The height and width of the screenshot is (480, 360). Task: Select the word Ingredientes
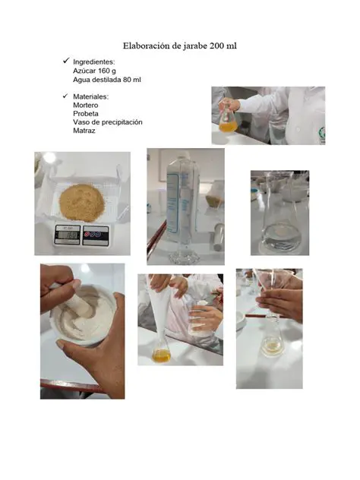pos(93,62)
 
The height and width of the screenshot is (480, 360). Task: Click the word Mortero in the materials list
pos(86,105)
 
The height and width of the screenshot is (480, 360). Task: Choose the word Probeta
pos(86,114)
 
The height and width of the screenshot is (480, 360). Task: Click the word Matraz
pos(84,131)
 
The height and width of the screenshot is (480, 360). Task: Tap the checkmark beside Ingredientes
pos(66,61)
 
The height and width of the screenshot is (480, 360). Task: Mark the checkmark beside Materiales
pos(65,96)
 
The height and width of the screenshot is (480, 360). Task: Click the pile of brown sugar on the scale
pos(82,202)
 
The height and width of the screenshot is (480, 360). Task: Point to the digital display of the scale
pos(68,235)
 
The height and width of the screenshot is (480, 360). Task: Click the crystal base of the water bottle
pos(185,257)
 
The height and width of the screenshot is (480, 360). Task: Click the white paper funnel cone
pos(159,309)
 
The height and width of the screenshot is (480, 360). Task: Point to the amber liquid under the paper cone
pos(161,356)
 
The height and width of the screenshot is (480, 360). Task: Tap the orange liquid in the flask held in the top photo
pos(228,126)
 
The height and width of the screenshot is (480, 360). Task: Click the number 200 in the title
pos(217,46)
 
